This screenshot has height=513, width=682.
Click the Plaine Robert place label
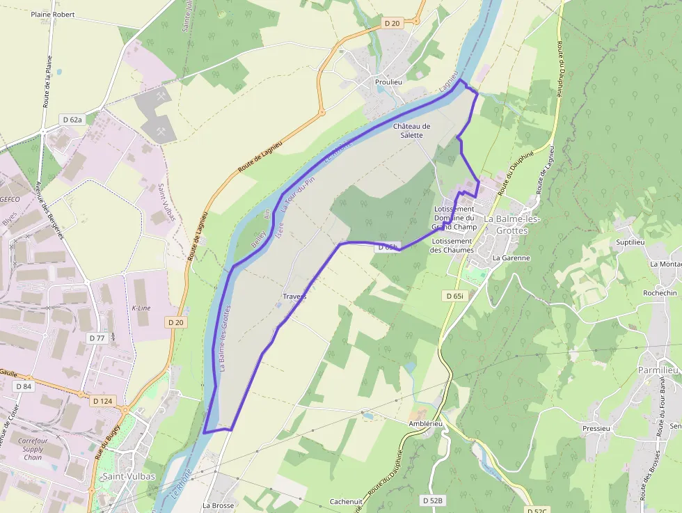(x=53, y=14)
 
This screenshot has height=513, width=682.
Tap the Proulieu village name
(x=388, y=81)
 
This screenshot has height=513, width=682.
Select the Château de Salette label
(x=412, y=130)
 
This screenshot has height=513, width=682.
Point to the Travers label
(x=295, y=297)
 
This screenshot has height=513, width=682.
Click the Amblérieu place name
(x=425, y=423)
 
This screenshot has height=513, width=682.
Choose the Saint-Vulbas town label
(x=128, y=477)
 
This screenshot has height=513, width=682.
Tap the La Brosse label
(x=218, y=505)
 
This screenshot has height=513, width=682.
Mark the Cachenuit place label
(x=346, y=501)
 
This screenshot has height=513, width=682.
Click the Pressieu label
(x=596, y=429)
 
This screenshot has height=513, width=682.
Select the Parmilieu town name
(x=658, y=370)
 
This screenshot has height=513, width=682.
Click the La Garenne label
(x=511, y=258)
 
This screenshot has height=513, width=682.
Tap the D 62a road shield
(x=72, y=120)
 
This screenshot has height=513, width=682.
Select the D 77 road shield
(x=96, y=338)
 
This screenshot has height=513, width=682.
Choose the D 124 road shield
(x=102, y=401)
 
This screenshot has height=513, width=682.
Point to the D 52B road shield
(x=433, y=500)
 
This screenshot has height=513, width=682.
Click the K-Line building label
(x=141, y=308)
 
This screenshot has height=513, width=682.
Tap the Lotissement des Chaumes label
(x=452, y=246)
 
